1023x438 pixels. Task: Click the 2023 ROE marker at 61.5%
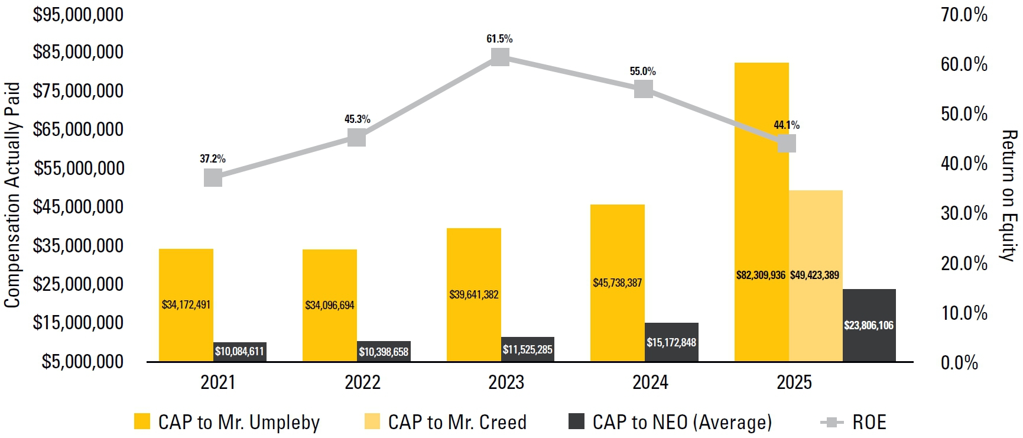[500, 57]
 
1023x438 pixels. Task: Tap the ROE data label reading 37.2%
[213, 159]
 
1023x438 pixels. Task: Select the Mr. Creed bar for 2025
[816, 275]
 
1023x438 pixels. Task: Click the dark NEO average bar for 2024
[671, 342]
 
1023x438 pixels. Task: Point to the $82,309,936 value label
[761, 275]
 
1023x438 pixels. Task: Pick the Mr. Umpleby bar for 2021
[186, 305]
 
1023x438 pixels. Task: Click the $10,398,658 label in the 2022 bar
[384, 352]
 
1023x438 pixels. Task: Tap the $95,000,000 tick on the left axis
[78, 14]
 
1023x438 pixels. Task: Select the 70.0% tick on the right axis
[964, 14]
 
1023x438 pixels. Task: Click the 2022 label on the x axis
[362, 382]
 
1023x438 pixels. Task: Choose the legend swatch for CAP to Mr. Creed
[372, 421]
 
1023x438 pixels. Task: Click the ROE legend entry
[853, 422]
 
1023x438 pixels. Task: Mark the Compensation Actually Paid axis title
[12, 195]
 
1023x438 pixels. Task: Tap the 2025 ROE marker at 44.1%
[787, 143]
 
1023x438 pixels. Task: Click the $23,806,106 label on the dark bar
[869, 326]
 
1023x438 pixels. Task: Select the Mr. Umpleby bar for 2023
[474, 294]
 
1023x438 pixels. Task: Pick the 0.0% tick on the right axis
[959, 362]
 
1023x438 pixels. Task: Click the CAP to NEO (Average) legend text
[682, 422]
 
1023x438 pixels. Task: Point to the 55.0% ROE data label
[643, 72]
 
